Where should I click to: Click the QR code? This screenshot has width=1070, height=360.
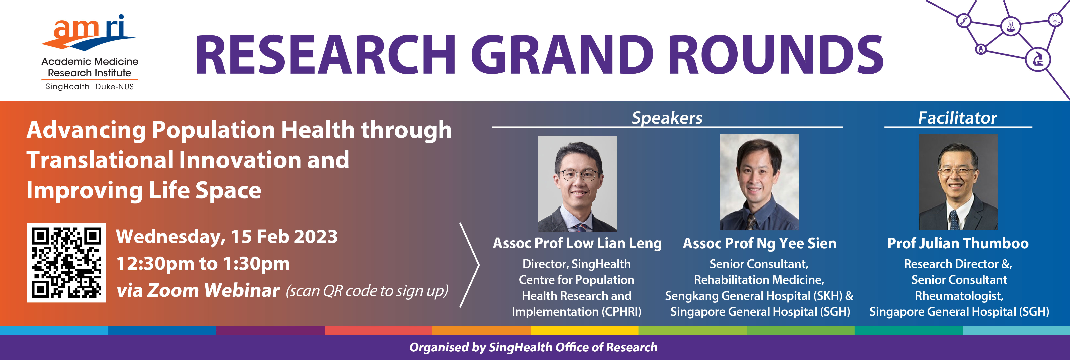click(66, 262)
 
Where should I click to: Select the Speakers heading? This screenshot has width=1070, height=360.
click(667, 118)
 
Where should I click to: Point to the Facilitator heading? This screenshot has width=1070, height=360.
click(957, 118)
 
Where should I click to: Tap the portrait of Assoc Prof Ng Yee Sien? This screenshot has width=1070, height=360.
click(759, 182)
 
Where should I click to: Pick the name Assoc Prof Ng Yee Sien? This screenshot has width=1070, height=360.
click(759, 243)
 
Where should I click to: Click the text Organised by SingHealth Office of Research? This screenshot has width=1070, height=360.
click(533, 347)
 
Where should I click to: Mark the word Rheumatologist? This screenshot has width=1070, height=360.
click(959, 296)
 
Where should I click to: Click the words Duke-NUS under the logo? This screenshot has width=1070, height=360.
click(115, 87)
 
